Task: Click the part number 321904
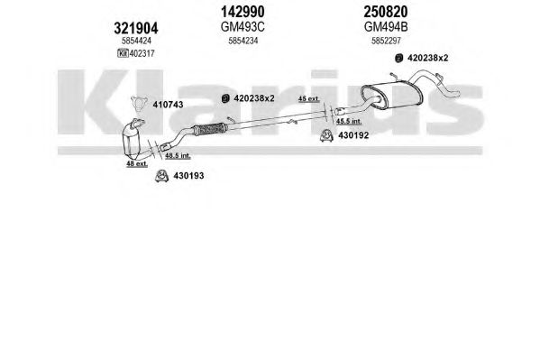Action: (136, 28)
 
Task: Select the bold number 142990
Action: (243, 12)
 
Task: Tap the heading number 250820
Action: (386, 12)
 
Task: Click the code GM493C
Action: (243, 27)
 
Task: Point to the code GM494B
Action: (386, 27)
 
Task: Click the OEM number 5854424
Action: (136, 41)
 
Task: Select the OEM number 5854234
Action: (243, 41)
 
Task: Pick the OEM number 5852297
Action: (386, 41)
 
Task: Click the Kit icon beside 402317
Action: (123, 53)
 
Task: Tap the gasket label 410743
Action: (168, 105)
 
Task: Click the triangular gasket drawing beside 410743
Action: (139, 104)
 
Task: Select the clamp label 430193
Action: (188, 176)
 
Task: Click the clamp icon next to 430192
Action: (325, 135)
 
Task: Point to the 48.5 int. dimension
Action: (178, 155)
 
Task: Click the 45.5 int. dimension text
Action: (349, 121)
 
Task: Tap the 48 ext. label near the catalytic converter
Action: (137, 164)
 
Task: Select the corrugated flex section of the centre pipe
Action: (209, 129)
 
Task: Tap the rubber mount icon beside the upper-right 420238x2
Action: (398, 58)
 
